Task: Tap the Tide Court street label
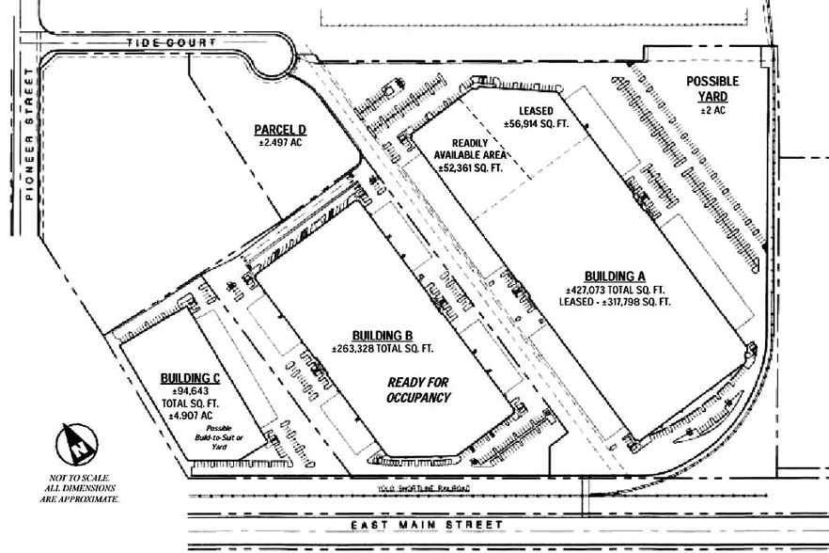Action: point(173,43)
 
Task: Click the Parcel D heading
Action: point(281,130)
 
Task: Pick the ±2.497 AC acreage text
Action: point(282,143)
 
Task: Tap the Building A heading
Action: point(616,276)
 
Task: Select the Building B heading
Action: point(383,336)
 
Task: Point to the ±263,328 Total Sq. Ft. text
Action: point(382,349)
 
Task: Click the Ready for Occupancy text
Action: point(419,390)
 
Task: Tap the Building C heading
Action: point(190,378)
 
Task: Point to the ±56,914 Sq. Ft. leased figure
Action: point(537,123)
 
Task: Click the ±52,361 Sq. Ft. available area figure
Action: point(471,166)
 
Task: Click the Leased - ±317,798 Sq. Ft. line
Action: point(618,302)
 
